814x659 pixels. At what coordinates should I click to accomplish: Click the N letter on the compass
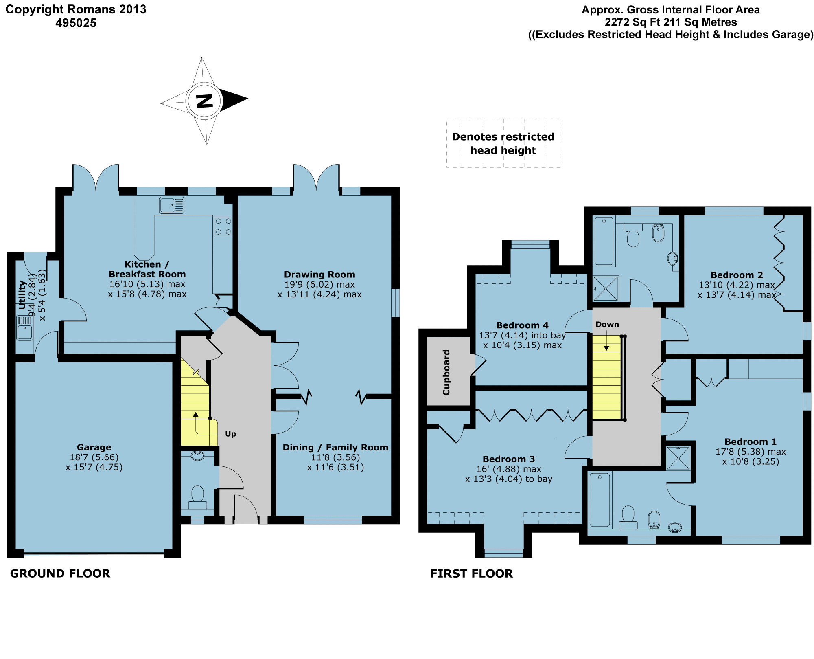[204, 101]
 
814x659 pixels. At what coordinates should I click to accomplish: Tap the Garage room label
[94, 447]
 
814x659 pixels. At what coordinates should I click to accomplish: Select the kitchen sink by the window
[172, 205]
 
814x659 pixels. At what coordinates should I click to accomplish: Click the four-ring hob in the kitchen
[223, 226]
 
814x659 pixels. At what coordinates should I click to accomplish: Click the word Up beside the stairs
[230, 434]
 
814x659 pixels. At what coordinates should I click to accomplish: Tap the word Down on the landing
[607, 324]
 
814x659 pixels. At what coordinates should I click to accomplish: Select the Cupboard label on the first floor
[446, 372]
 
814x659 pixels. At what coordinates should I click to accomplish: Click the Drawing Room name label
[319, 275]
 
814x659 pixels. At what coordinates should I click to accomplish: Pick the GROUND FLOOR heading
[60, 573]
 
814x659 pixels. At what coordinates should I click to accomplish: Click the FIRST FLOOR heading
[472, 573]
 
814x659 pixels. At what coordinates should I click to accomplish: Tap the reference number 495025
[76, 23]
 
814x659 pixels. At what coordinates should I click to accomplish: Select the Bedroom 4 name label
[522, 325]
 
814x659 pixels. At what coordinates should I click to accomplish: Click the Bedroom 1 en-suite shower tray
[678, 458]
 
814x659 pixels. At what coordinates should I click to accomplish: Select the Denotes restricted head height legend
[503, 143]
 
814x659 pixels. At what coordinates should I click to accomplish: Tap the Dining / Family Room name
[335, 447]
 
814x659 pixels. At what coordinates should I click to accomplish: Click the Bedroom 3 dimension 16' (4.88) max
[509, 469]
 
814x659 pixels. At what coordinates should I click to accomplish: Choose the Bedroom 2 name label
[737, 275]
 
